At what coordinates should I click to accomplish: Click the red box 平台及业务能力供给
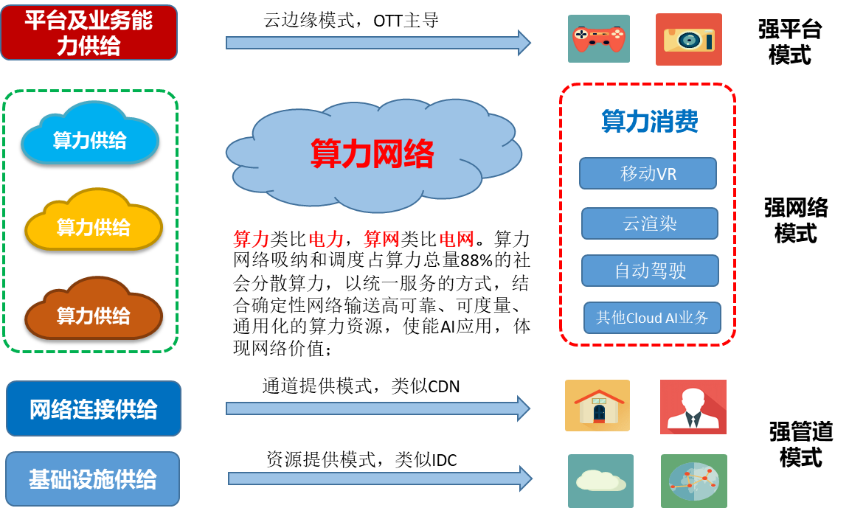[x=89, y=32]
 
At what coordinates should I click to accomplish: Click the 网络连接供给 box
[x=94, y=408]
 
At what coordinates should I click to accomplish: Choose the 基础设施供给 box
[x=93, y=479]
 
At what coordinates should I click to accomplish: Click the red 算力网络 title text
[x=372, y=153]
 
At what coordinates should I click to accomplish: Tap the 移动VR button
[x=648, y=173]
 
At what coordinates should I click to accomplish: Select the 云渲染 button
[x=650, y=223]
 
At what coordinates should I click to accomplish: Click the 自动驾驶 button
[x=651, y=271]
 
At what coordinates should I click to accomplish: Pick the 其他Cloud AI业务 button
[x=653, y=318]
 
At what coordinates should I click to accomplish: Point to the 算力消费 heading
[x=650, y=121]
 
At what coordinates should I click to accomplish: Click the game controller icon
[x=599, y=39]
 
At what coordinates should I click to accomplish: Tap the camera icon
[x=689, y=40]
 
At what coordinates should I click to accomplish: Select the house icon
[x=597, y=406]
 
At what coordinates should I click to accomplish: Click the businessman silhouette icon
[x=693, y=407]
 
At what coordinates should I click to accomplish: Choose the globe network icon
[x=694, y=481]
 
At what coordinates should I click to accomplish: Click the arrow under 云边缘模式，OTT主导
[x=378, y=43]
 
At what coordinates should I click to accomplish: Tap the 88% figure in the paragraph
[x=477, y=261]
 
